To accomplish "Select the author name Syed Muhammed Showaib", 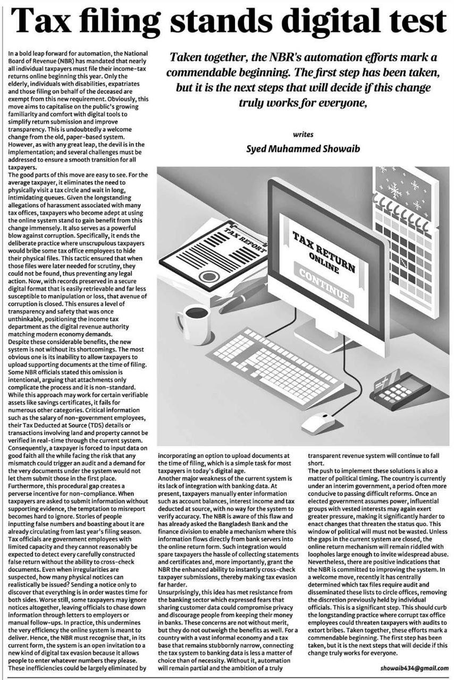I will point(303,149).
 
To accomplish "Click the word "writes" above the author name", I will point(303,135).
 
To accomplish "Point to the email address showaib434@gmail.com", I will point(415,668).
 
